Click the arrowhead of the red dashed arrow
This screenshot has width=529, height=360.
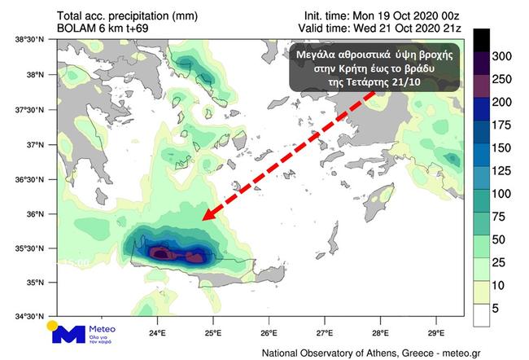[x=208, y=217]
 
